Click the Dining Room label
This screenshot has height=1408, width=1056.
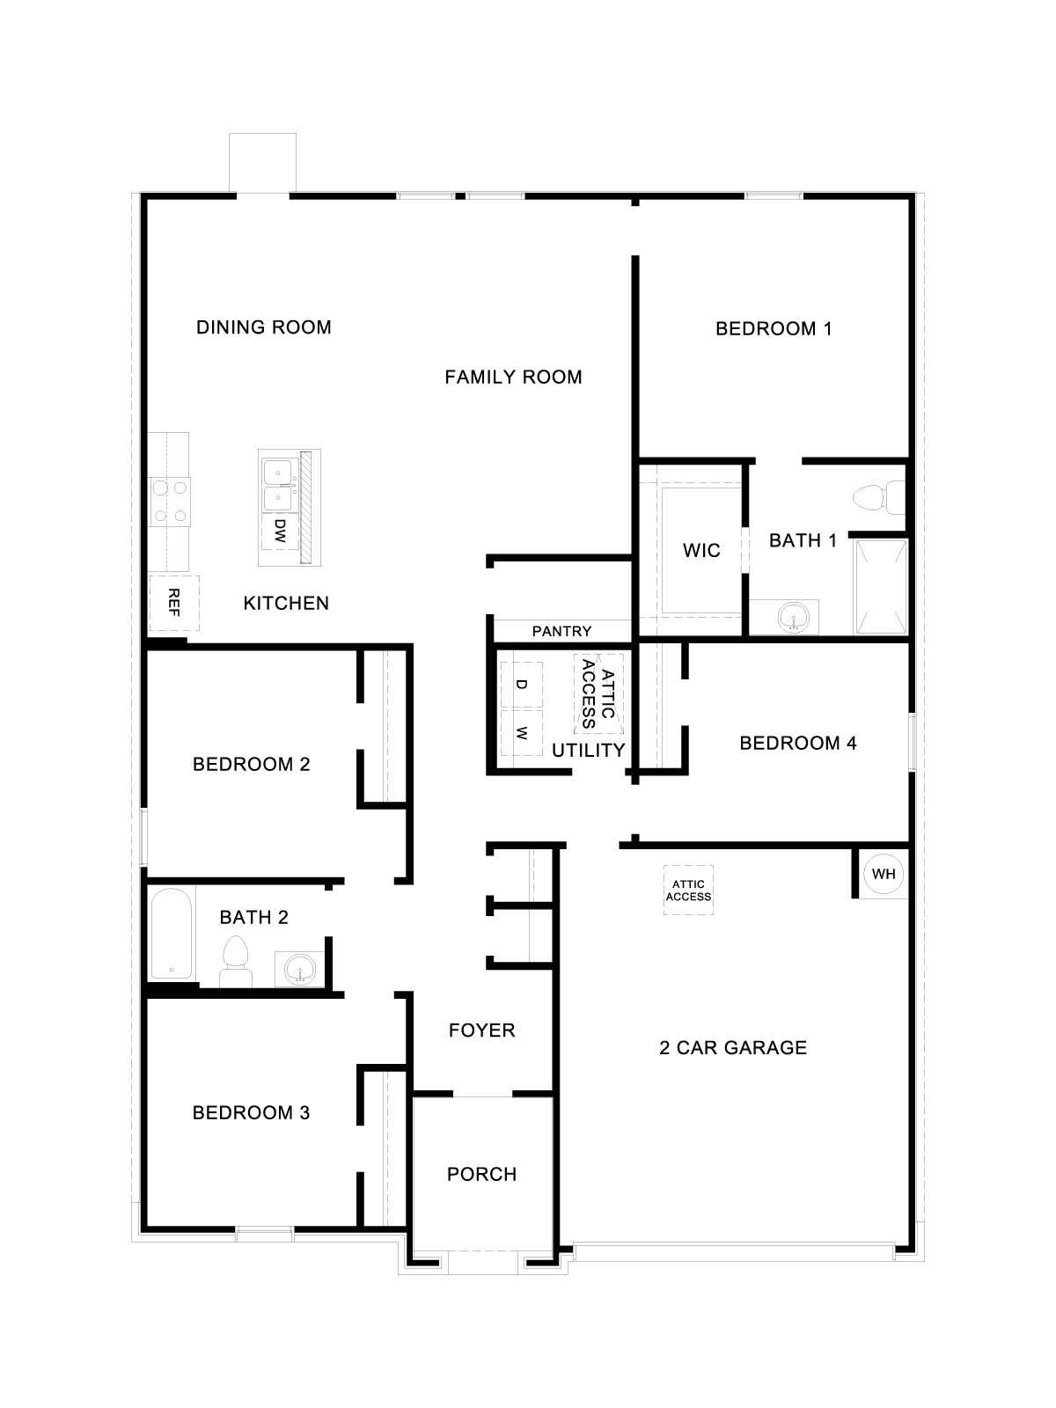pyautogui.click(x=263, y=327)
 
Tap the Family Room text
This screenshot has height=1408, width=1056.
pyautogui.click(x=513, y=378)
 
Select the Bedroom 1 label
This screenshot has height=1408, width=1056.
pyautogui.click(x=774, y=329)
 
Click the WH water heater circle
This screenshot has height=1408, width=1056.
pyautogui.click(x=884, y=874)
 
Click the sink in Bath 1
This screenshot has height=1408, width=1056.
pyautogui.click(x=796, y=617)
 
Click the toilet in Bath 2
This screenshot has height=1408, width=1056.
pyautogui.click(x=235, y=961)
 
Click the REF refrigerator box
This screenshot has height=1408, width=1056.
pyautogui.click(x=173, y=603)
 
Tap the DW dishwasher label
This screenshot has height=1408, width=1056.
pyautogui.click(x=280, y=530)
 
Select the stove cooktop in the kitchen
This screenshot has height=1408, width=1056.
pyautogui.click(x=170, y=501)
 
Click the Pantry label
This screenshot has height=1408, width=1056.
pyautogui.click(x=561, y=631)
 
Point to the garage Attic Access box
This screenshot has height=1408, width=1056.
pyautogui.click(x=688, y=891)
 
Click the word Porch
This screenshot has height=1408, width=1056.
pyautogui.click(x=481, y=1174)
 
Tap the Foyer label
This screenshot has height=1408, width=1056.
pyautogui.click(x=481, y=1030)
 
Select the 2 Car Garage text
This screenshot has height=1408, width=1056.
pyautogui.click(x=732, y=1047)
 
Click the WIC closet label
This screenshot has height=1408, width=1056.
pyautogui.click(x=701, y=551)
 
